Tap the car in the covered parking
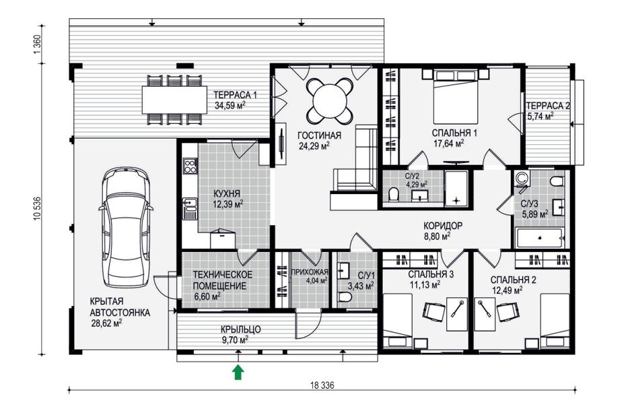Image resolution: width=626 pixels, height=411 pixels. click(x=126, y=228)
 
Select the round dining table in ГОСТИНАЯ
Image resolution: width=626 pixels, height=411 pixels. click(x=330, y=100)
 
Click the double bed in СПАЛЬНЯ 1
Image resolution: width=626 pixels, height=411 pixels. click(x=456, y=97)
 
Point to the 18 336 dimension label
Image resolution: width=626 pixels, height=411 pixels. click(x=321, y=385)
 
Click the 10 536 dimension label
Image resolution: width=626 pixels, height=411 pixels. click(x=38, y=208)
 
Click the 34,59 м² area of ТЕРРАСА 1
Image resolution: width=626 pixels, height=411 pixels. click(x=230, y=106)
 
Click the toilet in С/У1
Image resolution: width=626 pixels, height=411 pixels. click(x=344, y=297)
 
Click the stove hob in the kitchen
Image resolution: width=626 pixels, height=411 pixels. click(x=190, y=166)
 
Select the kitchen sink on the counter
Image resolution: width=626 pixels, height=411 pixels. click(x=190, y=209)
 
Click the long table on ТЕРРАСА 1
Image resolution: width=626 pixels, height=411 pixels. click(x=174, y=100)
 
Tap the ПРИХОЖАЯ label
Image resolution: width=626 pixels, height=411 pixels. click(x=310, y=272)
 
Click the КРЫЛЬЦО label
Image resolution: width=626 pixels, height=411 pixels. click(x=241, y=329)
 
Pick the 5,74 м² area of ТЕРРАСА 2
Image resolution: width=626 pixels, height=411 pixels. click(x=540, y=117)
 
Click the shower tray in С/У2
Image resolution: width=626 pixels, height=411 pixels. click(x=456, y=189)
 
